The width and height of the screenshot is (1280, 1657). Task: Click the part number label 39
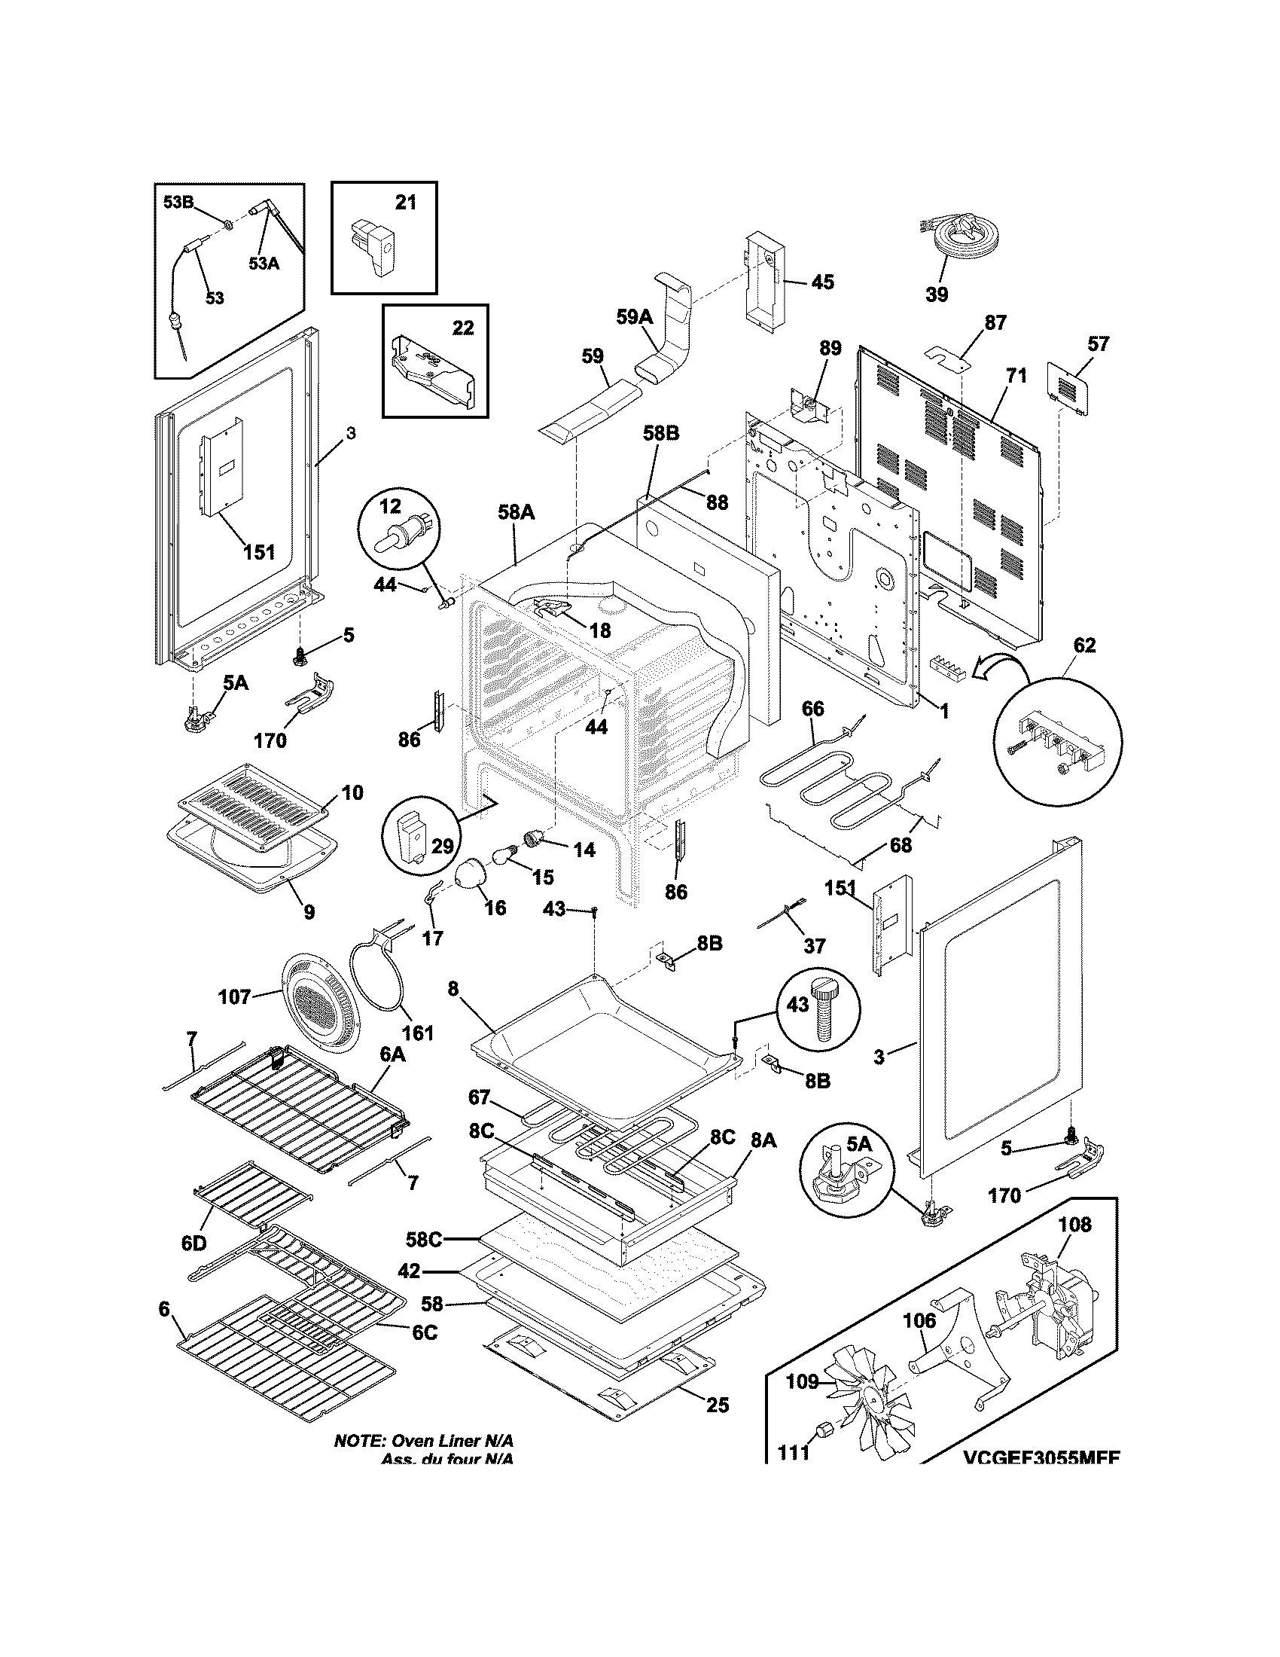[937, 294]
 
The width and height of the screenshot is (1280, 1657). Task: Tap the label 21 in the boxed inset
[406, 203]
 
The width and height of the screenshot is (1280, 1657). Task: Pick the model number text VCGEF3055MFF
[1042, 1458]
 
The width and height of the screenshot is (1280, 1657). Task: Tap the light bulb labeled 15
[504, 857]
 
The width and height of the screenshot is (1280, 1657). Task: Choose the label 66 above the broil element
[812, 709]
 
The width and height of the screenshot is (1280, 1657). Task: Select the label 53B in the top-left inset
[179, 203]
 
